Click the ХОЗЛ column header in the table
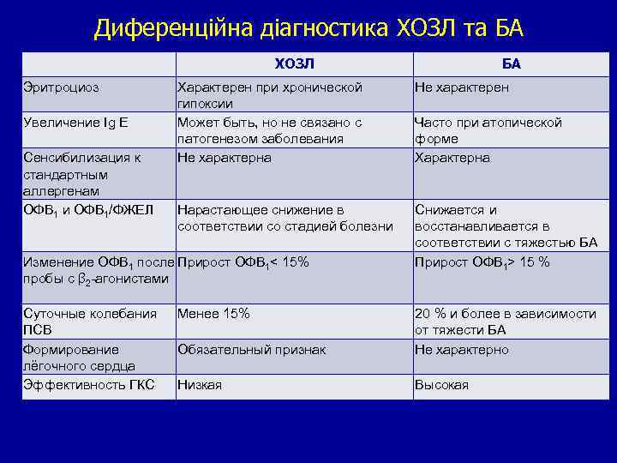click(x=294, y=63)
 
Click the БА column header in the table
click(x=512, y=63)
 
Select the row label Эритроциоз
click(x=61, y=87)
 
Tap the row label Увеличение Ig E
click(x=75, y=123)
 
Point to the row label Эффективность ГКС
click(x=88, y=385)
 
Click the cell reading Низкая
click(x=199, y=385)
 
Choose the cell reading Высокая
click(x=441, y=385)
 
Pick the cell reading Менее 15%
click(x=213, y=314)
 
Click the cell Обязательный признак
click(x=252, y=350)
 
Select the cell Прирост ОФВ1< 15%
click(x=243, y=262)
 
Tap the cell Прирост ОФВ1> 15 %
click(x=482, y=262)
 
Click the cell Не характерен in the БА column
click(x=461, y=87)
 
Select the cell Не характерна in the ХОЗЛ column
click(x=224, y=158)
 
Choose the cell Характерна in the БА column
click(x=452, y=158)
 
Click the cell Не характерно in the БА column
click(x=461, y=350)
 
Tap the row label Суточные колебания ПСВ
click(x=89, y=322)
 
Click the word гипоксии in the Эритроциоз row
click(x=206, y=104)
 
